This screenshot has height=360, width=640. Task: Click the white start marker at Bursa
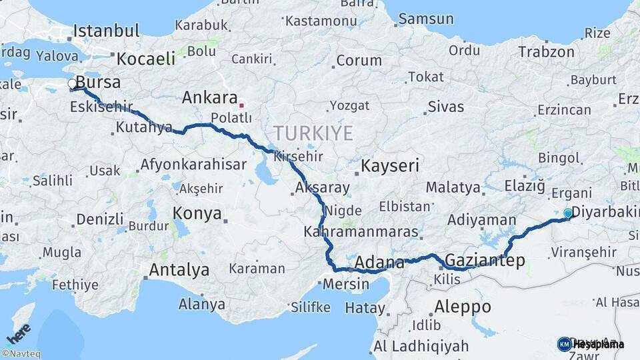coord(72,84)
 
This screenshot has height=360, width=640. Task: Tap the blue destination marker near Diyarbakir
coord(568,213)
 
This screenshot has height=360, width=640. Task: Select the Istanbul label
coord(106,31)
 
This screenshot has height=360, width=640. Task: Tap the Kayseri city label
coord(390,165)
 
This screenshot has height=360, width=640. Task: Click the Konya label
coord(197,213)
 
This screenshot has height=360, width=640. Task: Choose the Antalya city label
coord(179,270)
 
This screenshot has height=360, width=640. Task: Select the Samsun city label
coord(426,19)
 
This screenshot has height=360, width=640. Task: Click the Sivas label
coord(446,106)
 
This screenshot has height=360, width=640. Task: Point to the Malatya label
coord(453,187)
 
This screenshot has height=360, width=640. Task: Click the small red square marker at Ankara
coord(241,105)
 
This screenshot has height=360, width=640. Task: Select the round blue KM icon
coord(564,344)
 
